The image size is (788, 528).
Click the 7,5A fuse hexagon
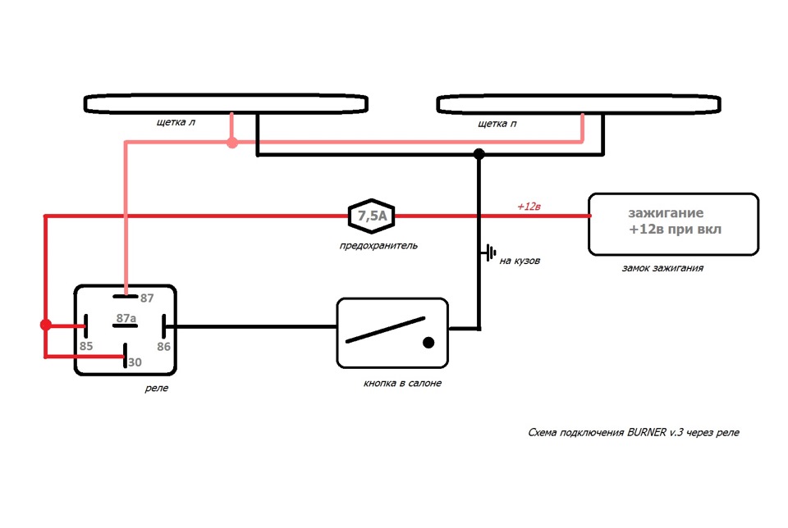(x=372, y=216)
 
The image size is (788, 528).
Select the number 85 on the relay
(x=86, y=346)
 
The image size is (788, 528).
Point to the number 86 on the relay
(x=164, y=346)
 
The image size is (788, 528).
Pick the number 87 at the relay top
(x=147, y=298)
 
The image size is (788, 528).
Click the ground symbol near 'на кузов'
(x=490, y=253)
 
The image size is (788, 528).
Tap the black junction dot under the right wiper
(x=479, y=153)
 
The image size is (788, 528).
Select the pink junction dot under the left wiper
(x=232, y=143)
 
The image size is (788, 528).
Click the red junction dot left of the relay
(x=46, y=325)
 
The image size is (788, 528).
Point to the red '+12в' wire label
(x=529, y=207)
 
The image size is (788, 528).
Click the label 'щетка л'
(x=174, y=124)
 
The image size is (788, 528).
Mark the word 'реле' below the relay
(x=156, y=388)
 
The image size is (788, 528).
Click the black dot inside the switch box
(x=428, y=342)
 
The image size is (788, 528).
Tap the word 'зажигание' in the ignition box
(x=666, y=212)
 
